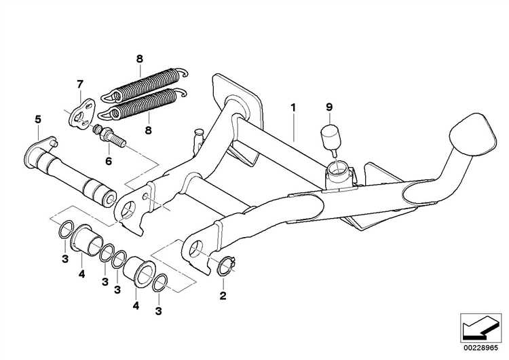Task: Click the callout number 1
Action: click(x=293, y=107)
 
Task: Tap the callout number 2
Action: click(x=223, y=296)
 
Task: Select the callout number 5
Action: click(x=38, y=120)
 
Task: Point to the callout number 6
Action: click(x=109, y=161)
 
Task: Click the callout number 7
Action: click(x=80, y=84)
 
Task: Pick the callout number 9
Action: click(x=329, y=107)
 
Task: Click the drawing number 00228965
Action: click(x=480, y=348)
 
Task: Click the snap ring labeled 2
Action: click(x=225, y=266)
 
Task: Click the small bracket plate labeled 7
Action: click(x=81, y=113)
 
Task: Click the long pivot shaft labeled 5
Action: click(x=70, y=172)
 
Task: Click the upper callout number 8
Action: click(x=139, y=59)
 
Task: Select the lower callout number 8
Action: click(x=148, y=130)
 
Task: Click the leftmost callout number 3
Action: click(x=65, y=259)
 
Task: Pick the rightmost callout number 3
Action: click(x=158, y=311)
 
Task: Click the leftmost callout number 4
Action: click(x=81, y=274)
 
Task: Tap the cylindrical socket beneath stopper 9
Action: click(x=339, y=176)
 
